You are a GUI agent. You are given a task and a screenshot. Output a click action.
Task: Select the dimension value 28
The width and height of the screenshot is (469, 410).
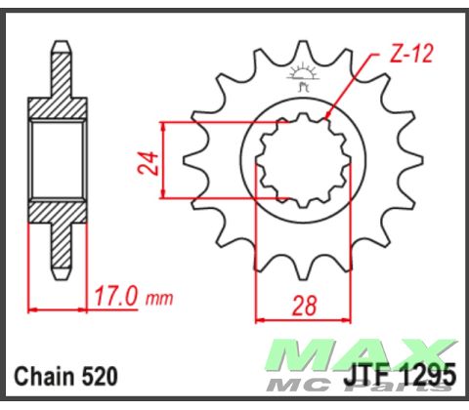click(x=304, y=306)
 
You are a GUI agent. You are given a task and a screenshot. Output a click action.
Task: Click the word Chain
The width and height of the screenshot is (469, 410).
click(x=42, y=377)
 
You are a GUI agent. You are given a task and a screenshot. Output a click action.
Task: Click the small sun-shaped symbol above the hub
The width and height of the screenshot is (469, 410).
click(x=304, y=74)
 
